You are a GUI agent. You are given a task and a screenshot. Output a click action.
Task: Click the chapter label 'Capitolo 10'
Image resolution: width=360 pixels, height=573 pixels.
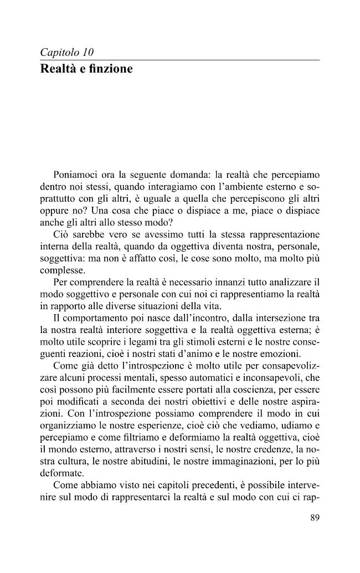(67, 53)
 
